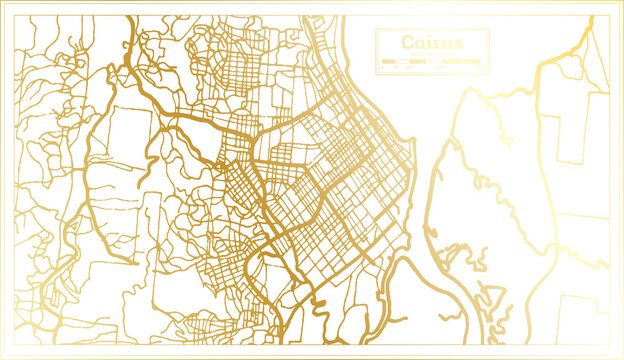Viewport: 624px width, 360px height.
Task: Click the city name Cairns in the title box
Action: pyautogui.click(x=432, y=43)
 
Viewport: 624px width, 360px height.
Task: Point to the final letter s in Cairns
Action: pyautogui.click(x=458, y=44)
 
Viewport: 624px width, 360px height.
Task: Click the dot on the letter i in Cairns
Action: pyautogui.click(x=430, y=37)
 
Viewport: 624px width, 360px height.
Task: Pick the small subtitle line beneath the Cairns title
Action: pyautogui.click(x=432, y=54)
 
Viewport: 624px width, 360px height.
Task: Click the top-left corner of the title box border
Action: pyautogui.click(x=376, y=29)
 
